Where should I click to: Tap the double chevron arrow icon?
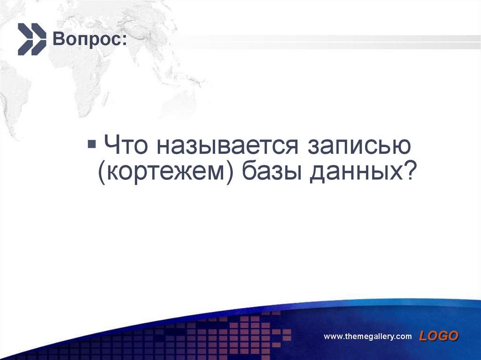point(32,39)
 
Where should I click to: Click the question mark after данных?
point(410,173)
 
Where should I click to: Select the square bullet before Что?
point(92,141)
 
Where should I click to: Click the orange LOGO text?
point(439,336)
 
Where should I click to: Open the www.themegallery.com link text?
point(368,337)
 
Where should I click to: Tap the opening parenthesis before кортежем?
point(101,174)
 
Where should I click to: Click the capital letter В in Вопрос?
point(57,39)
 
